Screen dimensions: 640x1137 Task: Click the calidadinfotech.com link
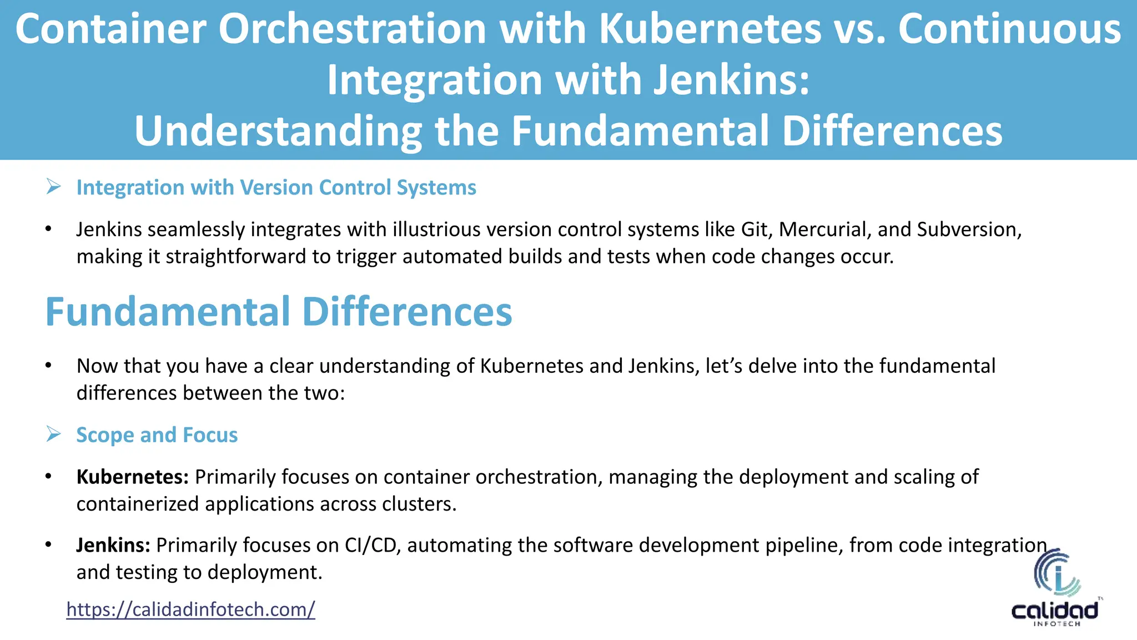(190, 609)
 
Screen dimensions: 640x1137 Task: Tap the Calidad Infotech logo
(1056, 589)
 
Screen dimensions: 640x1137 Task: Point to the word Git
(755, 229)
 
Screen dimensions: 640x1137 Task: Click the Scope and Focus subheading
(157, 435)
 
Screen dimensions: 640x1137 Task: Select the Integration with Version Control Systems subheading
(276, 188)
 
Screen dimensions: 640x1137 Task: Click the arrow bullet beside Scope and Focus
(53, 434)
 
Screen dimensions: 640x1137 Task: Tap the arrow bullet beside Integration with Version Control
(53, 187)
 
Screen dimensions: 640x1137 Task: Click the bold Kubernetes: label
(133, 477)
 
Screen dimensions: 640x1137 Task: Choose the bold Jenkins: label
(113, 546)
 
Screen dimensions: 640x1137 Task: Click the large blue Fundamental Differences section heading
(278, 312)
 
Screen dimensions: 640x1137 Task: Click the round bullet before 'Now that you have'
(49, 366)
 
